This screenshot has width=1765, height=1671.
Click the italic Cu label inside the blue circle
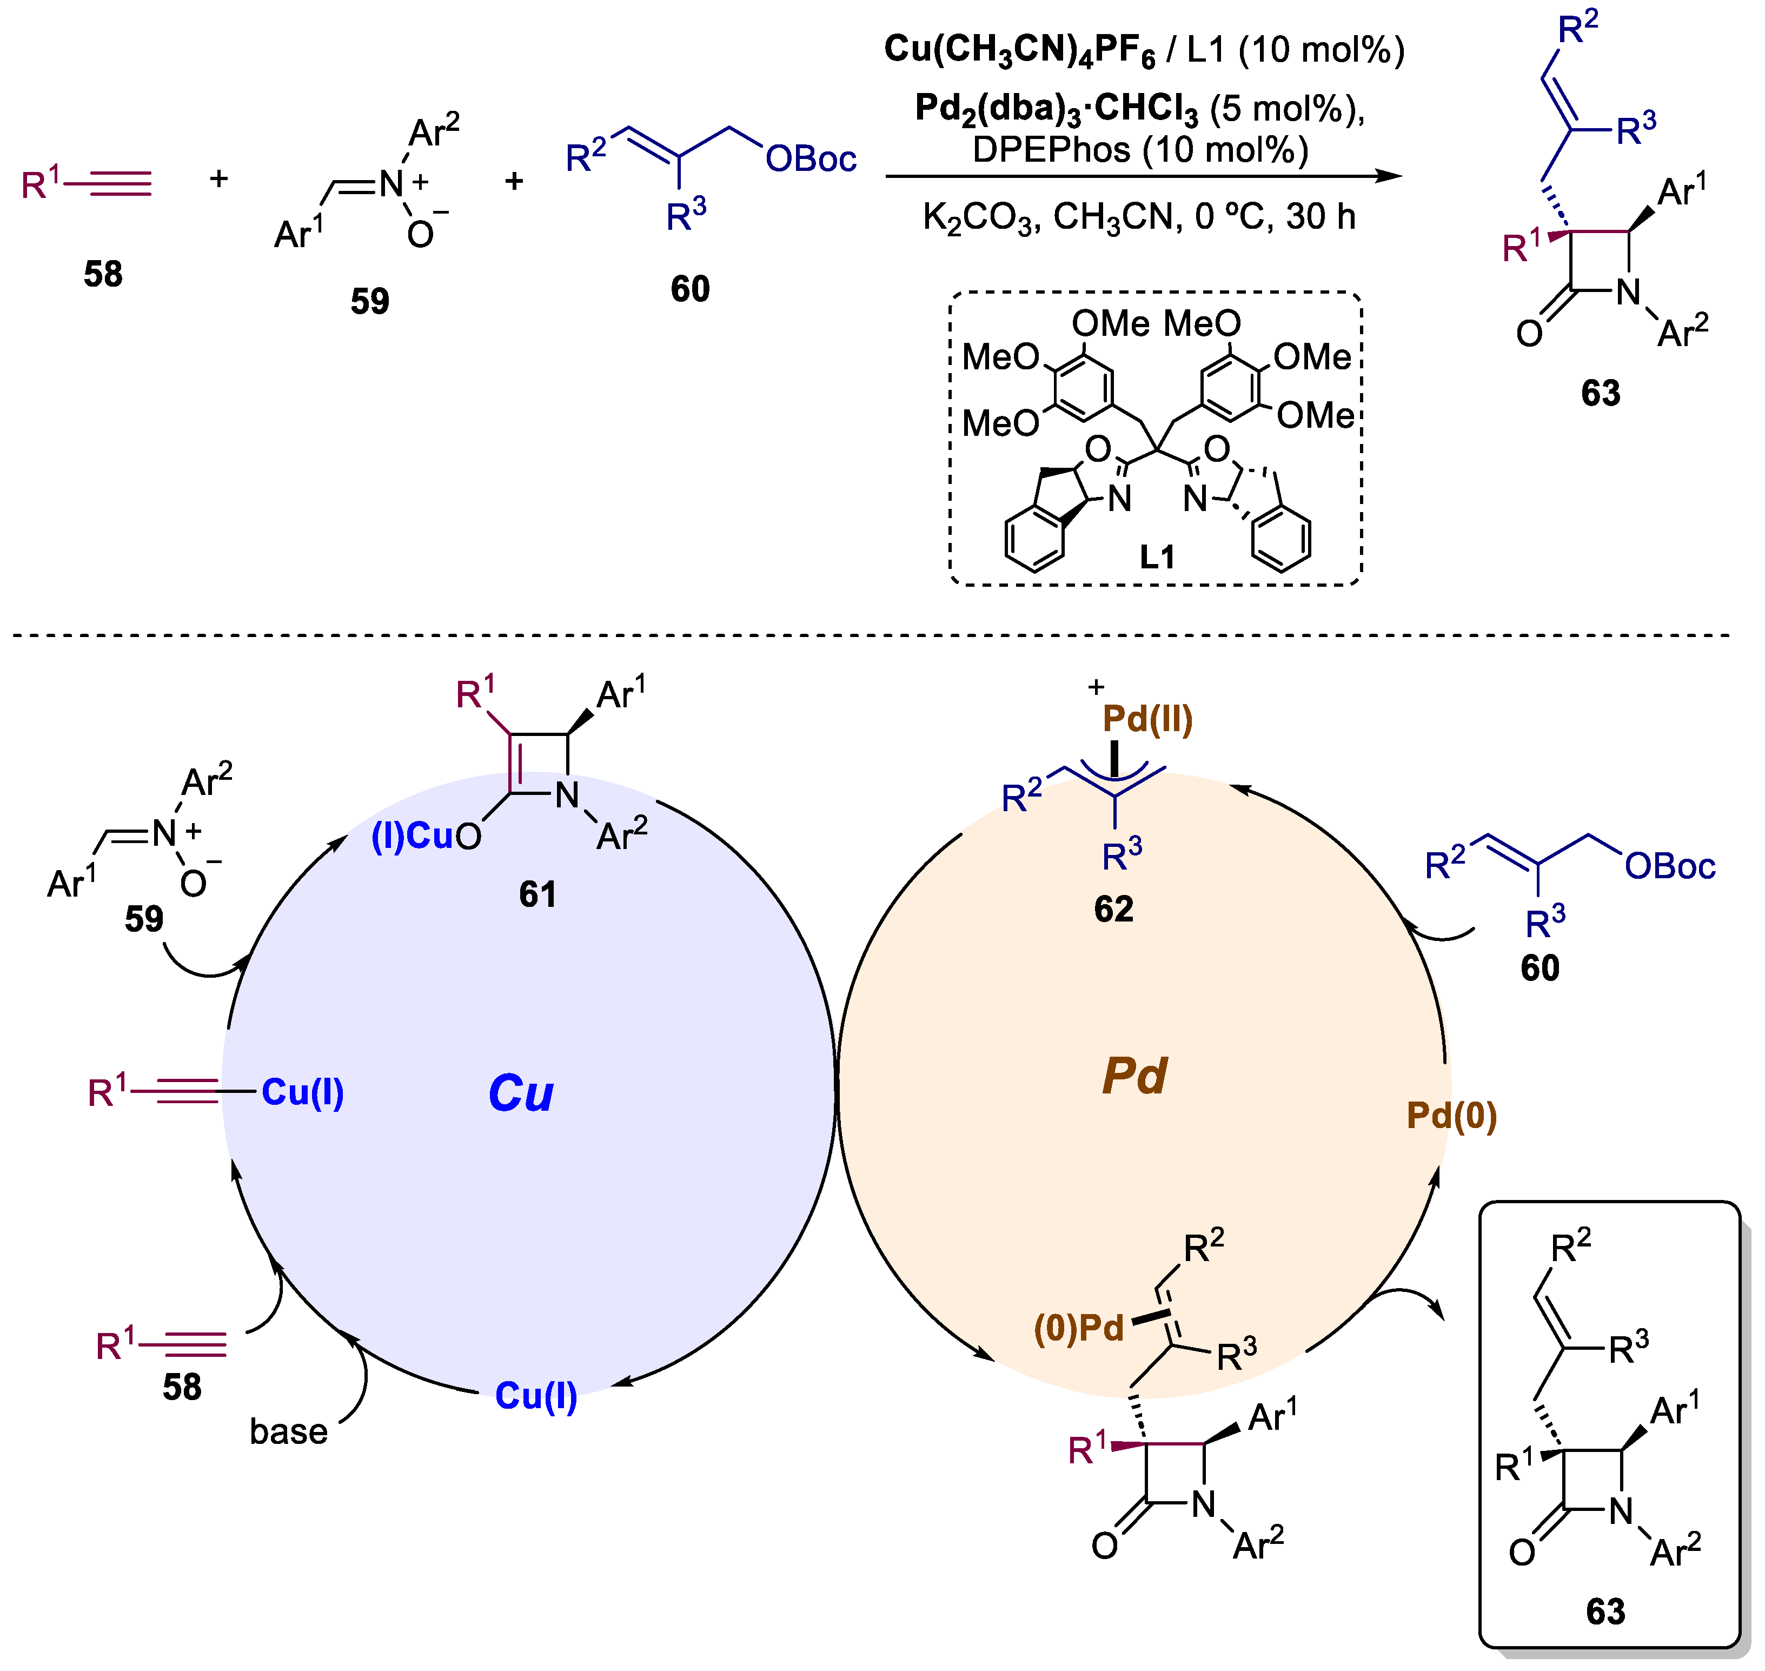pyautogui.click(x=521, y=1094)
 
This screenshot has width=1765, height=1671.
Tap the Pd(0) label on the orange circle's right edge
pyautogui.click(x=1451, y=1116)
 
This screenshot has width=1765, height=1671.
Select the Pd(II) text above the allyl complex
pyautogui.click(x=1148, y=720)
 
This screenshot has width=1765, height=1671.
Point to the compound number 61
pyautogui.click(x=538, y=894)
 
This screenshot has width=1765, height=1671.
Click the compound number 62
pyautogui.click(x=1113, y=910)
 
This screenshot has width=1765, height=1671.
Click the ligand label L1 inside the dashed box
pyautogui.click(x=1158, y=558)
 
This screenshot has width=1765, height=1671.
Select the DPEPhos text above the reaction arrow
pyautogui.click(x=1051, y=150)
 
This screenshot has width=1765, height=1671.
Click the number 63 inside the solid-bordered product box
pyautogui.click(x=1605, y=1612)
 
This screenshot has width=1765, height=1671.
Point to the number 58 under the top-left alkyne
pyautogui.click(x=103, y=274)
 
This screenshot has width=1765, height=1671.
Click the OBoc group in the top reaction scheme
pyautogui.click(x=811, y=160)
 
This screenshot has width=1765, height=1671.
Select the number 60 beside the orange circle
pyautogui.click(x=1540, y=968)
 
